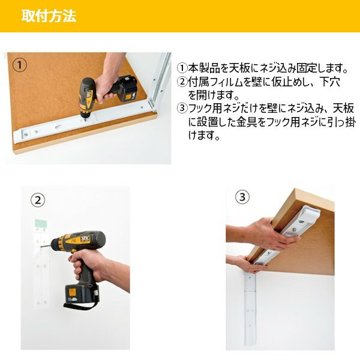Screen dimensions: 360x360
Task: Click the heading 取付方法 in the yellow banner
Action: point(49,16)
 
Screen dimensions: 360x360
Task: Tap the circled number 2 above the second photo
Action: point(38,200)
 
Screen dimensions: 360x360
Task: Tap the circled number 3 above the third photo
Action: point(242,196)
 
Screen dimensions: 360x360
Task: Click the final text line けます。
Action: point(205,136)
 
